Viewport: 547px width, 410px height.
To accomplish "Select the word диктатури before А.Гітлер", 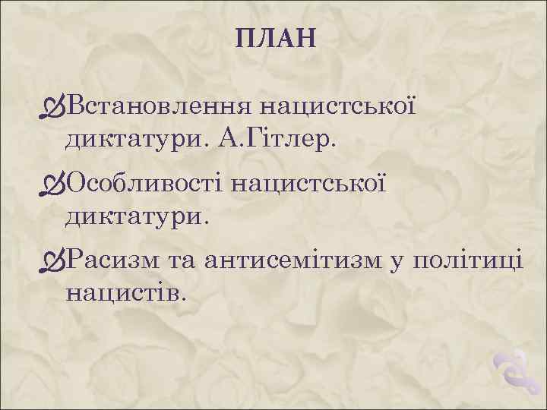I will [x=136, y=138].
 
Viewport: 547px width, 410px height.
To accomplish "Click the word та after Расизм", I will [x=182, y=260].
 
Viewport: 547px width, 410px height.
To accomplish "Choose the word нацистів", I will [x=125, y=292].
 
